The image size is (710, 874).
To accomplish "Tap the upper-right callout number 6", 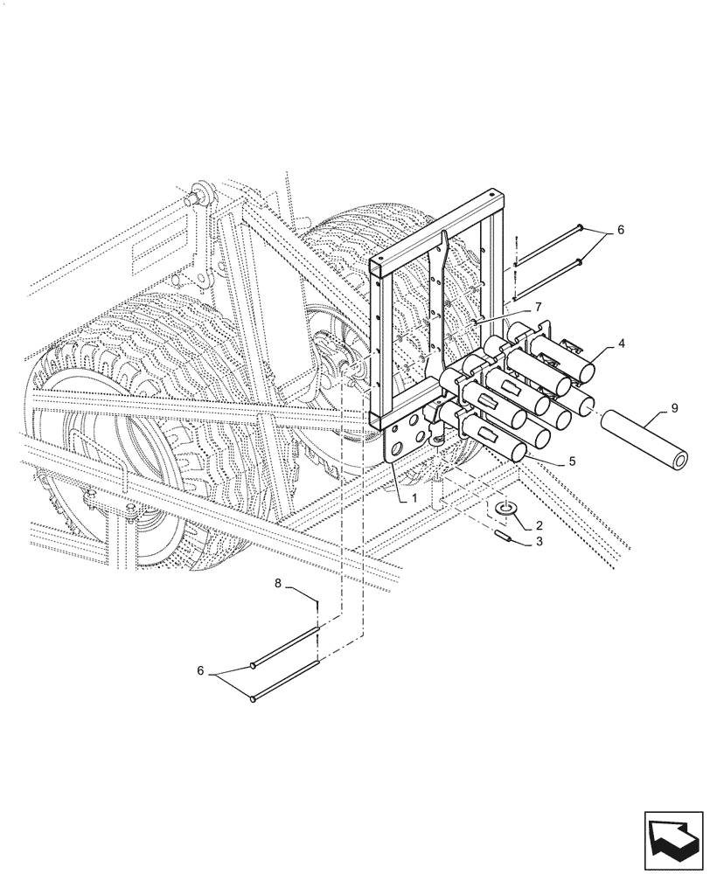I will pos(620,231).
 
